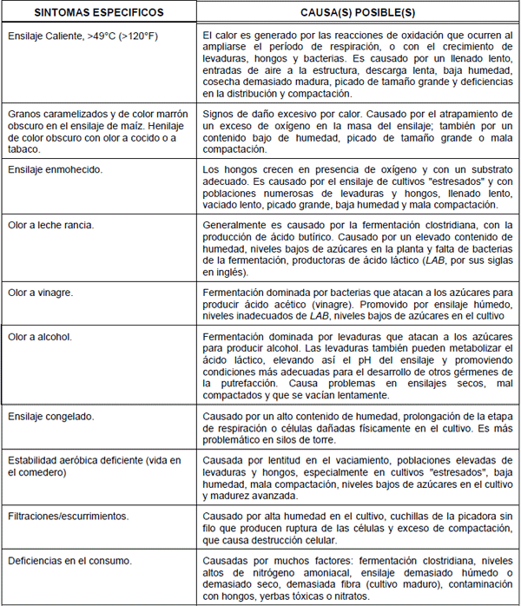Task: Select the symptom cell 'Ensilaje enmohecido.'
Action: point(55,169)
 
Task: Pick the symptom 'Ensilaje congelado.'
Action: point(50,417)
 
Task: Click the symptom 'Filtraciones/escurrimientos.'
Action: point(67,516)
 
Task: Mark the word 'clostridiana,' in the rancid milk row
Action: point(427,225)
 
